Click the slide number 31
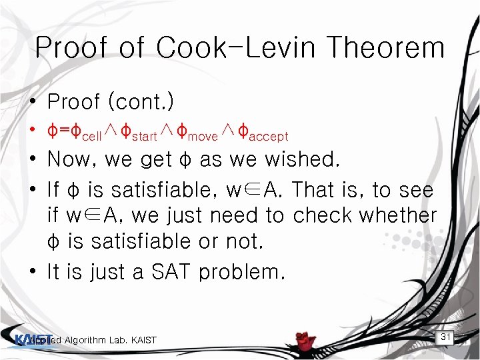click(446, 337)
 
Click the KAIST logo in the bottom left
click(27, 339)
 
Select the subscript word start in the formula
click(144, 136)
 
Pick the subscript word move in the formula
click(203, 136)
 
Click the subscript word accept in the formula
click(267, 136)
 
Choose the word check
click(322, 215)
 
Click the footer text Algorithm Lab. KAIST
click(110, 341)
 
